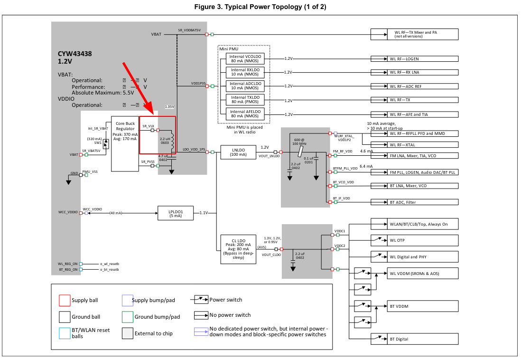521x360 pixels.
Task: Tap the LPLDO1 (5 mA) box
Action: (x=176, y=213)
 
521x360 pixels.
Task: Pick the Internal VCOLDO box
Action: (x=244, y=59)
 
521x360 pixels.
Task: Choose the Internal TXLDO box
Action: (x=244, y=100)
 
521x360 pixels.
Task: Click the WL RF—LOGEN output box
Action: (x=414, y=59)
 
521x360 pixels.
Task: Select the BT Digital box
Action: (x=414, y=339)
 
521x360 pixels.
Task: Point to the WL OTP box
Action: (x=414, y=240)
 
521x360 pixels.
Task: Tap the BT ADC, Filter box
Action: (x=414, y=202)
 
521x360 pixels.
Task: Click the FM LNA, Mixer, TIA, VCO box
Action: (x=414, y=155)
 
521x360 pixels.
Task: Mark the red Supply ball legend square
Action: (x=65, y=300)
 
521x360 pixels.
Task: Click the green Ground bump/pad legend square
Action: (x=127, y=317)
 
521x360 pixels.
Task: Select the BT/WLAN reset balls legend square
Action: (x=65, y=333)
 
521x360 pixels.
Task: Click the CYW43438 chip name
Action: (x=74, y=54)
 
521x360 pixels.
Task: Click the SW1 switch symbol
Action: (x=106, y=144)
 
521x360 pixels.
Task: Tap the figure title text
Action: (x=260, y=7)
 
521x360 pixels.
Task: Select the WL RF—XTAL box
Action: (x=414, y=144)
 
